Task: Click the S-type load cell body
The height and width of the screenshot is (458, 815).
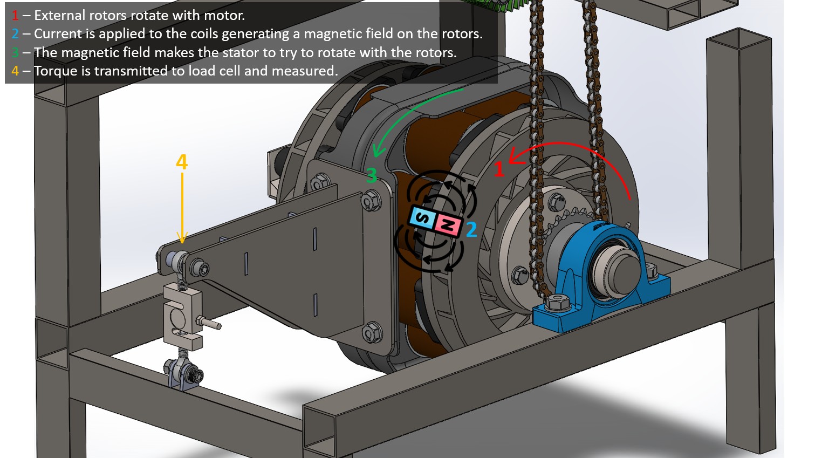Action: (x=182, y=316)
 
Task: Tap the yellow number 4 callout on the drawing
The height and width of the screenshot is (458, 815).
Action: (x=182, y=162)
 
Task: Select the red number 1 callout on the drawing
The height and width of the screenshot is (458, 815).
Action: (x=499, y=169)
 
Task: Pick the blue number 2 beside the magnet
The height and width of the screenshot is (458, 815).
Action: (x=471, y=230)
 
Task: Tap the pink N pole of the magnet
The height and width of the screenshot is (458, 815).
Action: (x=448, y=225)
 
